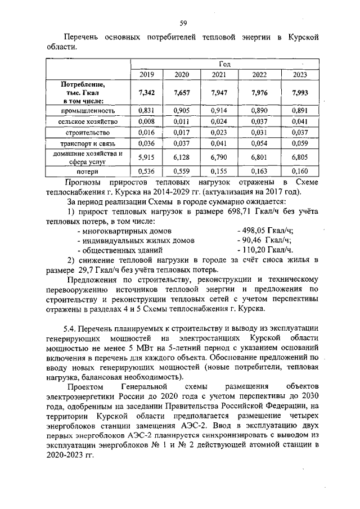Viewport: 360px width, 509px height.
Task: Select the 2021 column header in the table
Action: (219, 75)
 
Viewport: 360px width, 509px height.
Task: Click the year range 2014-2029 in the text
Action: (178, 191)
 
